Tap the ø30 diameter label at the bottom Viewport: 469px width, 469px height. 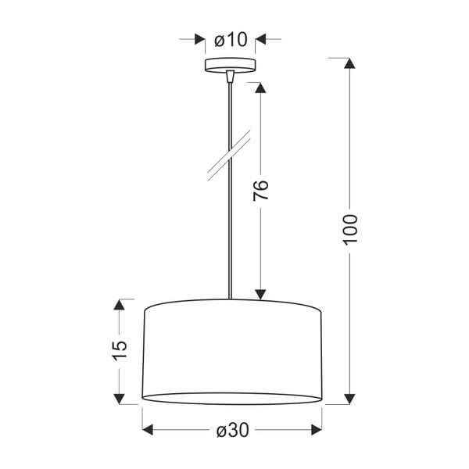231,430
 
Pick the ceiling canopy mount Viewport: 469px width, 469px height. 230,66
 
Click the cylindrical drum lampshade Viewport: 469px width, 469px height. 232,352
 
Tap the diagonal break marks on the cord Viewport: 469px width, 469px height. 229,156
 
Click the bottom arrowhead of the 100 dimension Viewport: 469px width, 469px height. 349,397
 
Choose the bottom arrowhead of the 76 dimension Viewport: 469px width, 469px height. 261,293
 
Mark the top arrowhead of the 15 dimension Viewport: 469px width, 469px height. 119,304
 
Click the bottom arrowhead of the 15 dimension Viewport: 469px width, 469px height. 119,398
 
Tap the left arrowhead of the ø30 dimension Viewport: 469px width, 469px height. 149,430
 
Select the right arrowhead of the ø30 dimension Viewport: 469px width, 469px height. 316,430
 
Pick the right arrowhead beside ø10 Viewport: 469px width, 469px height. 261,39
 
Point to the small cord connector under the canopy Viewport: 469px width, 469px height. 230,77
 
